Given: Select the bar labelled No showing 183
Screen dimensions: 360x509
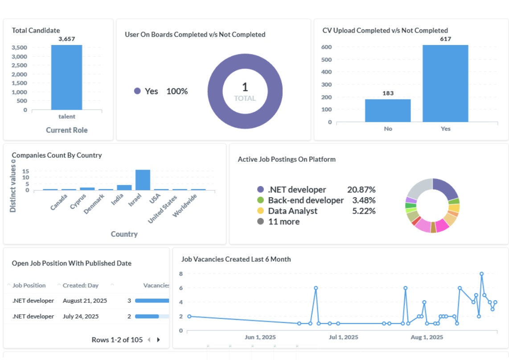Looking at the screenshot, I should point(388,110).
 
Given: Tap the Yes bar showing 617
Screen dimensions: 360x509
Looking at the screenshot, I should point(445,83).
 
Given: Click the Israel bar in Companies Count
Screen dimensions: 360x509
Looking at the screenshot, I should point(143,180).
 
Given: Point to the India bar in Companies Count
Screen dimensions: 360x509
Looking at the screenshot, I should point(124,187).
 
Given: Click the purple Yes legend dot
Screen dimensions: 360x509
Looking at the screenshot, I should point(137,91).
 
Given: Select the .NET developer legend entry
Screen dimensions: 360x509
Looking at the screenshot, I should point(297,190).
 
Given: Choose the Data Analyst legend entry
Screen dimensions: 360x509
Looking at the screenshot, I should point(292,211).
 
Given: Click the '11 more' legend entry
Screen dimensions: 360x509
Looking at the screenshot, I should point(283,222).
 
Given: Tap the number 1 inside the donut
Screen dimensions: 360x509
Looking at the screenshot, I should point(245,87).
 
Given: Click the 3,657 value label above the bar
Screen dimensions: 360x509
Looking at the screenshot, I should point(67,39).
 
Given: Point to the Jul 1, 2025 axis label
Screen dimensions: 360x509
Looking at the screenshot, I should point(343,337).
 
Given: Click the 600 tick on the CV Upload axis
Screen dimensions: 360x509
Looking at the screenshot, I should point(326,47).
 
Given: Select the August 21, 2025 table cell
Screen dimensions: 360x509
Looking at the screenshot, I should point(85,301).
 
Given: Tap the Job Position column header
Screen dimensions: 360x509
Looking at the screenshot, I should point(29,286).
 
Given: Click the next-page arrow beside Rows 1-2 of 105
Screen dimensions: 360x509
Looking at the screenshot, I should point(158,340).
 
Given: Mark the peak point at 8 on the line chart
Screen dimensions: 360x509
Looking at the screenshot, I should point(481,274).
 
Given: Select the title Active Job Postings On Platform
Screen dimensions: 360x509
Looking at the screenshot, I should point(287,159).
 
